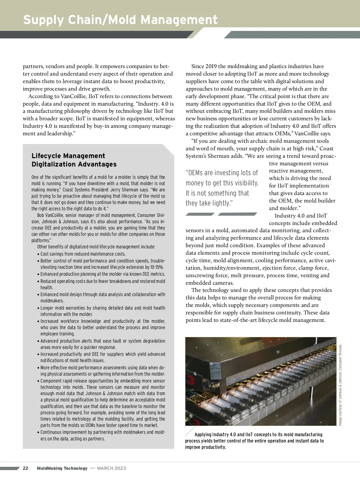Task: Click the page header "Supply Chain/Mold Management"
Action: tap(120, 20)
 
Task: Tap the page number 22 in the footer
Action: tap(26, 468)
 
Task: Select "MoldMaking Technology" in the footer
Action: tap(62, 468)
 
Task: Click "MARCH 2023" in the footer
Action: tap(112, 468)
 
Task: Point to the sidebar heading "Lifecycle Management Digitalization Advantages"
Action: tap(74, 160)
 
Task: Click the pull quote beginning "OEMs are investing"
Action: tap(222, 188)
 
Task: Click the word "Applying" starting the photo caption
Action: tap(203, 434)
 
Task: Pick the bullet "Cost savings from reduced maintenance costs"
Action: tap(83, 254)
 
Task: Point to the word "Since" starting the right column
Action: tap(197, 66)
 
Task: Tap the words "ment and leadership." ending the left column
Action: tap(48, 133)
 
